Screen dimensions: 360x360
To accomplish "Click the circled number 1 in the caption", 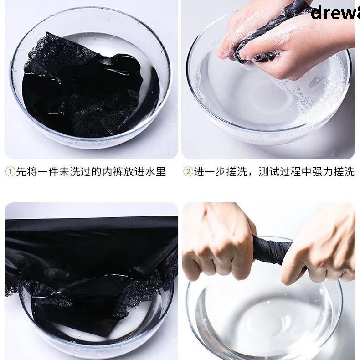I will (10, 172).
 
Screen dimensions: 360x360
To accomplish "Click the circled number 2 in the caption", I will (188, 172).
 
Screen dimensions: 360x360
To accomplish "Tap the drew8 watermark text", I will (335, 12).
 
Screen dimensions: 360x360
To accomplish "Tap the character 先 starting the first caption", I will (21, 172).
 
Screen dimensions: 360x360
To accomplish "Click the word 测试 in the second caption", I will (268, 172).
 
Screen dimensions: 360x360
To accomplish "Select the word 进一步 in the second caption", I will (210, 172).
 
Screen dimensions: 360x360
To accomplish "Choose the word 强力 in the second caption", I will (326, 172).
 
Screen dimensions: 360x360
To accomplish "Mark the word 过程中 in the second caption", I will (297, 172).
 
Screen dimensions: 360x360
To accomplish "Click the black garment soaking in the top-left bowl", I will (87, 87).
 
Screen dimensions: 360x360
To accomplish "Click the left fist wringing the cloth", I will (219, 242).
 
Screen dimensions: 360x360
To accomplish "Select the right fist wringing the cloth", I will (319, 255).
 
